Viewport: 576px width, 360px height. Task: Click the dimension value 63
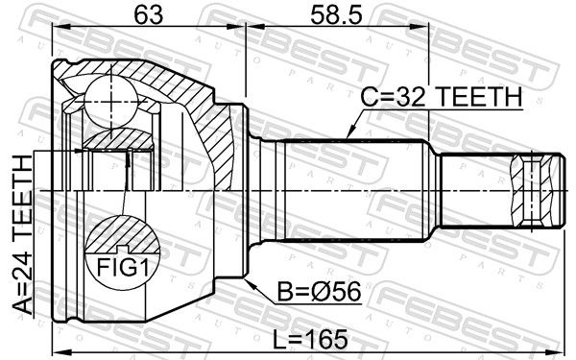click(x=148, y=15)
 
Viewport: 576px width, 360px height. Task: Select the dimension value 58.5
click(x=336, y=15)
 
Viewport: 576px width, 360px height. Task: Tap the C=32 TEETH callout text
click(x=441, y=96)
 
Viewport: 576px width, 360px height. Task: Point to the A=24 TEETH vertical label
click(x=23, y=235)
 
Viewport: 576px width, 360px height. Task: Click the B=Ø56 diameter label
click(x=319, y=292)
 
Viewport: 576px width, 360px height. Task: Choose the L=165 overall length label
click(x=310, y=339)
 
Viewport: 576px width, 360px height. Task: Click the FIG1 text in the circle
click(x=123, y=267)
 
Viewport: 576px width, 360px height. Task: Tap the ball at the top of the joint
click(x=110, y=101)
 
